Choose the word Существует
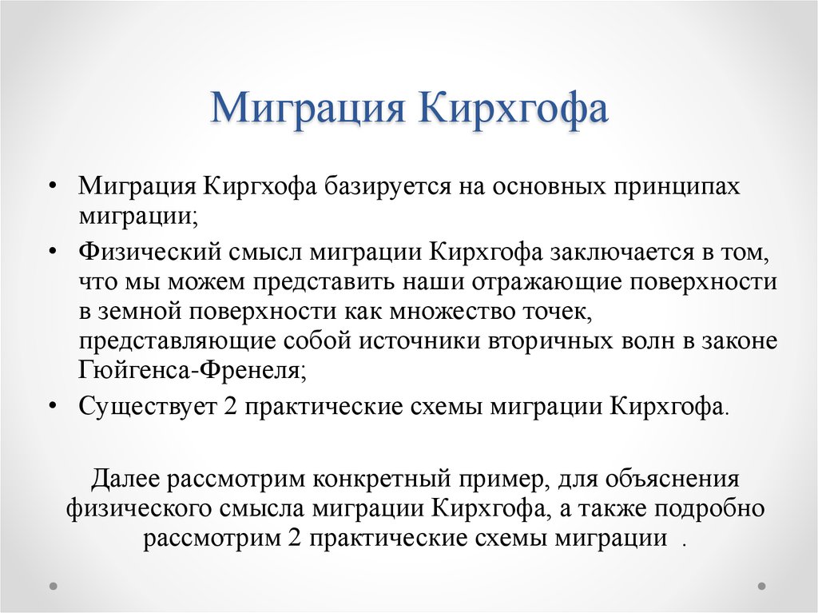coord(148,405)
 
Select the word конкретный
coord(384,480)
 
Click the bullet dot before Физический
coord(52,253)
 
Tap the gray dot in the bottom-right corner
coord(762,584)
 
